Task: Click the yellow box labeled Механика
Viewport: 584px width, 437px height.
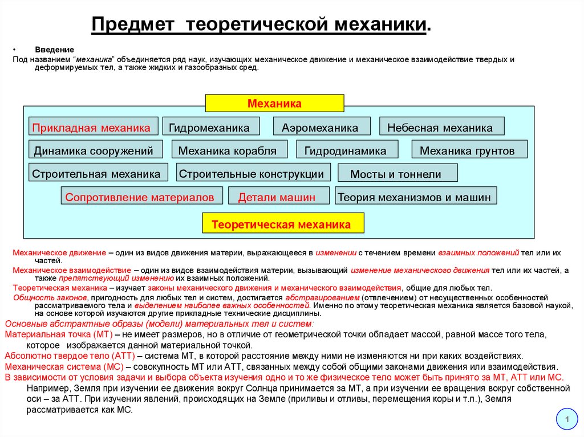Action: [274, 103]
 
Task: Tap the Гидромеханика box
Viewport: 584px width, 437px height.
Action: [211, 127]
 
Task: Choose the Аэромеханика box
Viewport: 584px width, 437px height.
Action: [322, 127]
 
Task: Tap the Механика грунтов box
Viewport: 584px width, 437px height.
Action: [469, 150]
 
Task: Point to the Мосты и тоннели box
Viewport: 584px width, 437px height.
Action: [398, 173]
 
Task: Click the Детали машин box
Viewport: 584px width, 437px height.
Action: [278, 197]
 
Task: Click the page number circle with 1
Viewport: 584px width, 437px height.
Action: [567, 420]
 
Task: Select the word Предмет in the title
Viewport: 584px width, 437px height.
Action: [135, 24]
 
